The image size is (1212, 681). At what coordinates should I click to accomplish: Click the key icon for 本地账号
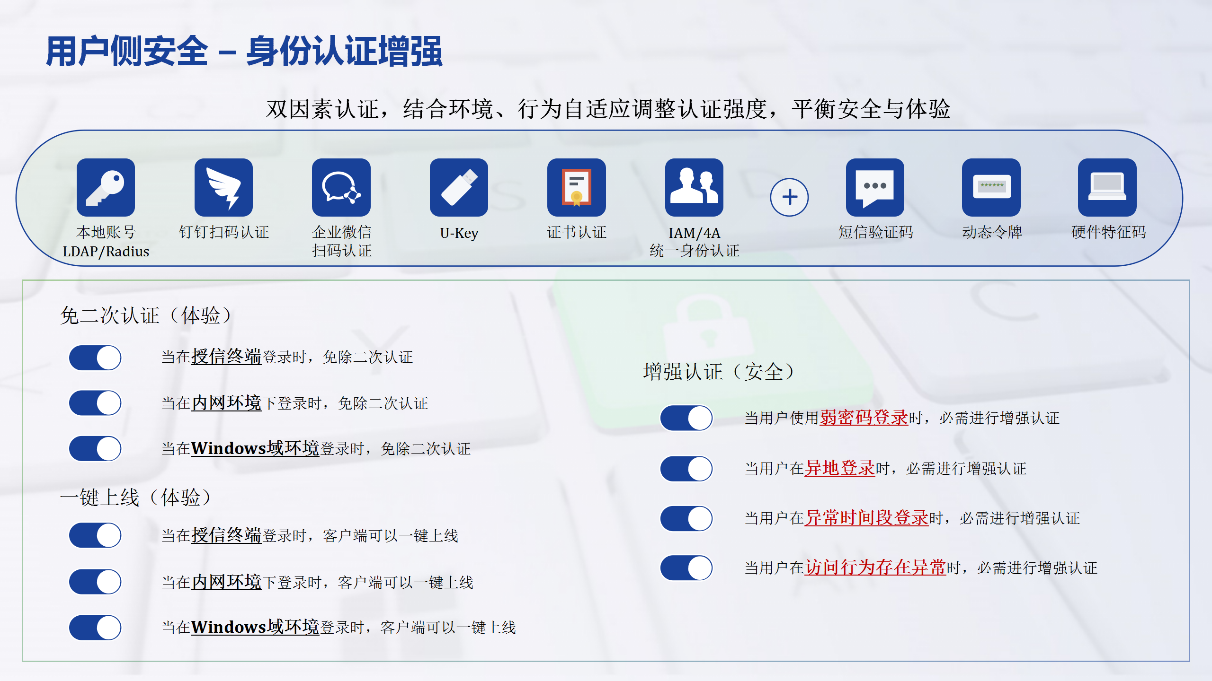pyautogui.click(x=106, y=187)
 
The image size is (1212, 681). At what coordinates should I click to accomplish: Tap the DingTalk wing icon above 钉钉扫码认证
pyautogui.click(x=223, y=187)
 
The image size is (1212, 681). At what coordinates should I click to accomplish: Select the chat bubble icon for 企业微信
pyautogui.click(x=341, y=187)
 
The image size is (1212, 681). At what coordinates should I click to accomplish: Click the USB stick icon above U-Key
pyautogui.click(x=459, y=187)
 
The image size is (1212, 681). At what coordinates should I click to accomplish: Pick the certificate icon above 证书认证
pyautogui.click(x=576, y=187)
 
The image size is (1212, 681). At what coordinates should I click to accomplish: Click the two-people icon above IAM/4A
pyautogui.click(x=694, y=187)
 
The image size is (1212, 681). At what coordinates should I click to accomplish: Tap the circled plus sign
pyautogui.click(x=789, y=197)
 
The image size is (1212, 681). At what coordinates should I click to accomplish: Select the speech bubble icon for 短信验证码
pyautogui.click(x=875, y=187)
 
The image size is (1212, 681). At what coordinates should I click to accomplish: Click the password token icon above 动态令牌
pyautogui.click(x=991, y=187)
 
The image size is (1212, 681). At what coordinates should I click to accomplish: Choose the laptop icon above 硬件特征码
pyautogui.click(x=1107, y=187)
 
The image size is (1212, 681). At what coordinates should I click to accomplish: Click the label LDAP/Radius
pyautogui.click(x=106, y=252)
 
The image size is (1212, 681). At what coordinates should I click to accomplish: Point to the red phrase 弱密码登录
pyautogui.click(x=864, y=418)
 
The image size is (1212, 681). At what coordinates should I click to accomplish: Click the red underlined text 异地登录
pyautogui.click(x=840, y=468)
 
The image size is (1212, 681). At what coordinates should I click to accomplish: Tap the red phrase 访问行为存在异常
pyautogui.click(x=875, y=567)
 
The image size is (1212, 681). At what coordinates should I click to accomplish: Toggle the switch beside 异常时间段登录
pyautogui.click(x=686, y=518)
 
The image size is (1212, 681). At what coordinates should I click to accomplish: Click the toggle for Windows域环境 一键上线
pyautogui.click(x=95, y=628)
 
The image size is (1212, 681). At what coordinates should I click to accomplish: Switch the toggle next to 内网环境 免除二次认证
pyautogui.click(x=95, y=403)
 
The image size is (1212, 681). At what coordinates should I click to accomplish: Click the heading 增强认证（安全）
pyautogui.click(x=718, y=372)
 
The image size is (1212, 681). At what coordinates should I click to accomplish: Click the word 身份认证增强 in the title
pyautogui.click(x=344, y=51)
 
